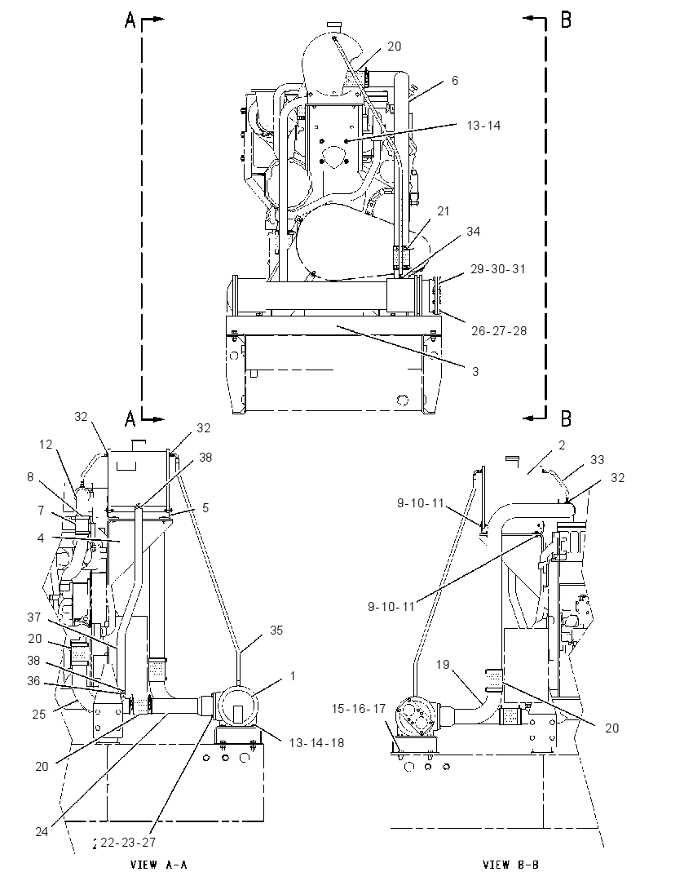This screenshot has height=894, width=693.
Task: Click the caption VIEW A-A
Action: (159, 865)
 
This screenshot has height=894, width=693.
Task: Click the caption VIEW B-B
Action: (510, 865)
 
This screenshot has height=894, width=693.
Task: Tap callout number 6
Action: (455, 81)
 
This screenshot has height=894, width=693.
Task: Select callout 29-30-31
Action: (498, 268)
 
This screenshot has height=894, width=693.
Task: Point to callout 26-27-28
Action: (499, 330)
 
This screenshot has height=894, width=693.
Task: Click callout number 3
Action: (475, 372)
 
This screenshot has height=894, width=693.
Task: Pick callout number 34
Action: (474, 231)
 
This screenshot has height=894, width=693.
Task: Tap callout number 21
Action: (444, 211)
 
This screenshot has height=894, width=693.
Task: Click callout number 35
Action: (276, 630)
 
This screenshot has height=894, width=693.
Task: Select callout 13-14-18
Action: (317, 743)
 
